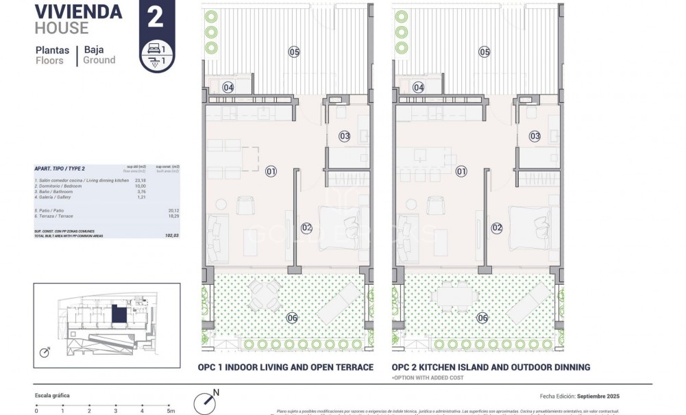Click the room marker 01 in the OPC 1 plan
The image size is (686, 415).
click(x=271, y=171)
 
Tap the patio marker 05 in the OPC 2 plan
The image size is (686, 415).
click(x=485, y=52)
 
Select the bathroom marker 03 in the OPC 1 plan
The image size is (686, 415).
click(x=345, y=136)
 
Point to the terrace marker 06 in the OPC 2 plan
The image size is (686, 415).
click(x=483, y=317)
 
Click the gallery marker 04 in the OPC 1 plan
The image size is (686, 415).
click(x=228, y=87)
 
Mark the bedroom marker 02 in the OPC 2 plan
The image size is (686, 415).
click(x=497, y=228)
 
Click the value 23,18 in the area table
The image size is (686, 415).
click(x=140, y=179)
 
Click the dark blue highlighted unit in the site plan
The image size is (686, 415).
click(x=119, y=315)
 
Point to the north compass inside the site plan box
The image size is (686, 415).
click(x=45, y=353)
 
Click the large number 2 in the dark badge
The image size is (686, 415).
click(x=156, y=17)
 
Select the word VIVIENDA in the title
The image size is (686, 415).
click(x=78, y=12)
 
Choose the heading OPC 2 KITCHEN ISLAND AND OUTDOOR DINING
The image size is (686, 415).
click(x=491, y=367)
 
